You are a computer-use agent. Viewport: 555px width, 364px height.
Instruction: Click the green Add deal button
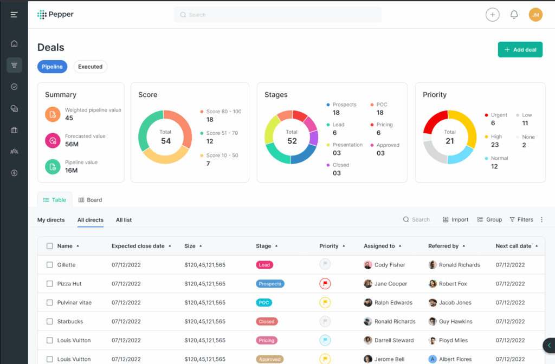(x=520, y=50)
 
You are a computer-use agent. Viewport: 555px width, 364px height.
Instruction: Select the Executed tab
(x=90, y=67)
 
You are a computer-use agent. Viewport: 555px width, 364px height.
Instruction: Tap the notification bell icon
(x=514, y=15)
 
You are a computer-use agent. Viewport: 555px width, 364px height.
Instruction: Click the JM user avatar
(x=535, y=15)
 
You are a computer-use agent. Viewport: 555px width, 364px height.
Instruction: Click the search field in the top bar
(x=277, y=15)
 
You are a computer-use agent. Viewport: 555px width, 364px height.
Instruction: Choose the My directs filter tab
(x=51, y=220)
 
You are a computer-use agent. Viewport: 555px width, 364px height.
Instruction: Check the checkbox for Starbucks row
(x=50, y=321)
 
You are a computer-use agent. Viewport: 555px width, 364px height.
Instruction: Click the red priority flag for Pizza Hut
(x=325, y=283)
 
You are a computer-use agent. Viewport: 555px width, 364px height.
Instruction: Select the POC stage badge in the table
(x=264, y=302)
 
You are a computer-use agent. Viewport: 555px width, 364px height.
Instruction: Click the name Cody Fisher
(x=390, y=265)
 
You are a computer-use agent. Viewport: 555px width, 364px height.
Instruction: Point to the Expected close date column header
(x=138, y=246)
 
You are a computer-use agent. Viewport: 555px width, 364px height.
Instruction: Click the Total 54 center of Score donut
(x=165, y=137)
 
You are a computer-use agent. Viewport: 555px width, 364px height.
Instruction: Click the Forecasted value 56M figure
(x=72, y=144)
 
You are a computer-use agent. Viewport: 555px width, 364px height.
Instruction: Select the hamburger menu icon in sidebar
(x=14, y=15)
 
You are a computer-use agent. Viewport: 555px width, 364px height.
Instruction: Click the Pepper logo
(x=55, y=15)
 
